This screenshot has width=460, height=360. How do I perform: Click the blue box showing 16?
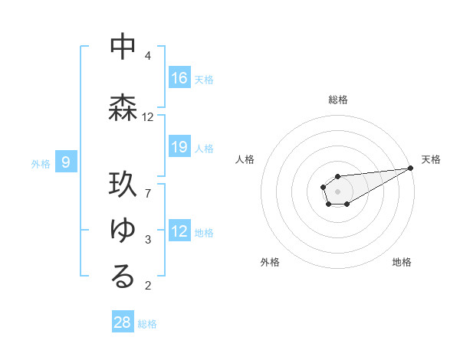coord(179,78)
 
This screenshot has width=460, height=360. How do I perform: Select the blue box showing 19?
coord(179,147)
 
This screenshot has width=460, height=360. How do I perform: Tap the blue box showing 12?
coord(179,231)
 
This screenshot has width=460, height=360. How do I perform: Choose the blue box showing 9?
coord(66,162)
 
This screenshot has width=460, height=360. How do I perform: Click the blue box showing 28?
coord(123,322)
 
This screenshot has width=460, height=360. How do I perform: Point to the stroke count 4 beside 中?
coord(148,56)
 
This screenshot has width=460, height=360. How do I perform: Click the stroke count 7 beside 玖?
coord(148,193)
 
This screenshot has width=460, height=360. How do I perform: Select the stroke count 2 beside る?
coord(148,286)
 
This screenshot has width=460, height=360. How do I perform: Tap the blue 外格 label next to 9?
coord(41,163)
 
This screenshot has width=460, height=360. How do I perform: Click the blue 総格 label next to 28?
coord(147,324)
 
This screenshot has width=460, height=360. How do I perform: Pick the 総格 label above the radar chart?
coord(337,100)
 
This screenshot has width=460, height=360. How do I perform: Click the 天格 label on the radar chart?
coord(431,159)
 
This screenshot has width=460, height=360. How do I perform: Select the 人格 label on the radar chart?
coord(245,159)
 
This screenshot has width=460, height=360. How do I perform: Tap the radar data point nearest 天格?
coord(410,168)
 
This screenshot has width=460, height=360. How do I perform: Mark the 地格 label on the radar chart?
coord(402,262)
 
